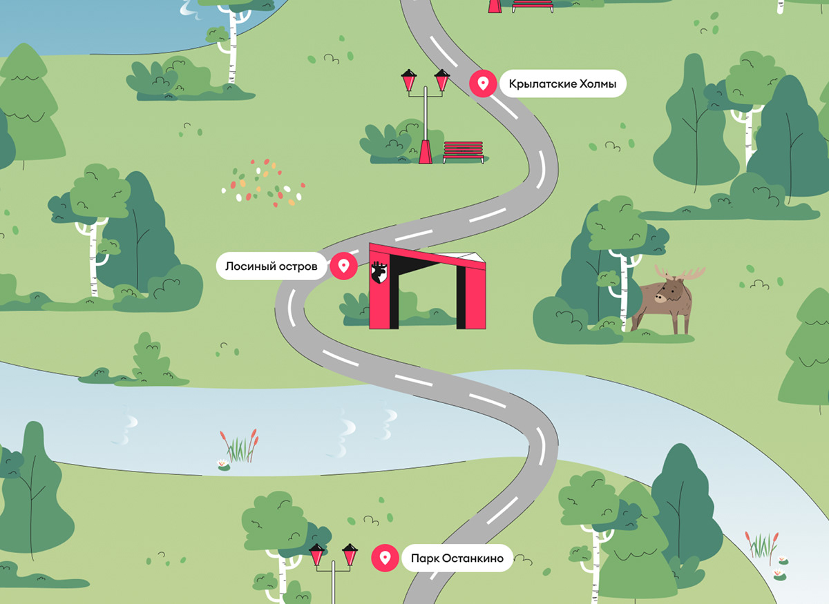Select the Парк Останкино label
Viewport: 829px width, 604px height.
coord(457,558)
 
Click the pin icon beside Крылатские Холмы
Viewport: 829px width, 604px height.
coord(483,84)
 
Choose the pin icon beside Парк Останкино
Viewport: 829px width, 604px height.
coord(385,558)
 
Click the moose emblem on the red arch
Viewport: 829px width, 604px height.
coord(379,272)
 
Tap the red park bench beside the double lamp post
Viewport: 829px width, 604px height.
coord(463,151)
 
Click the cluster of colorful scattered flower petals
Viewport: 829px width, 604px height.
coord(263,184)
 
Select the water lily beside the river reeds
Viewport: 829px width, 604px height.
coord(223,464)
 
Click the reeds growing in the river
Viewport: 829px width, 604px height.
coord(240,445)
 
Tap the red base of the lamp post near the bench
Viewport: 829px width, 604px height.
coord(426,152)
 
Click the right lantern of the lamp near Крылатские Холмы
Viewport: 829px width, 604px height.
coord(442,80)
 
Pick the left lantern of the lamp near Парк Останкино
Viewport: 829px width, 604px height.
coord(317,554)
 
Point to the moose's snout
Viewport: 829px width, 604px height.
coord(660,298)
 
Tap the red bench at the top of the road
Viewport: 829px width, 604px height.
coord(532,6)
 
